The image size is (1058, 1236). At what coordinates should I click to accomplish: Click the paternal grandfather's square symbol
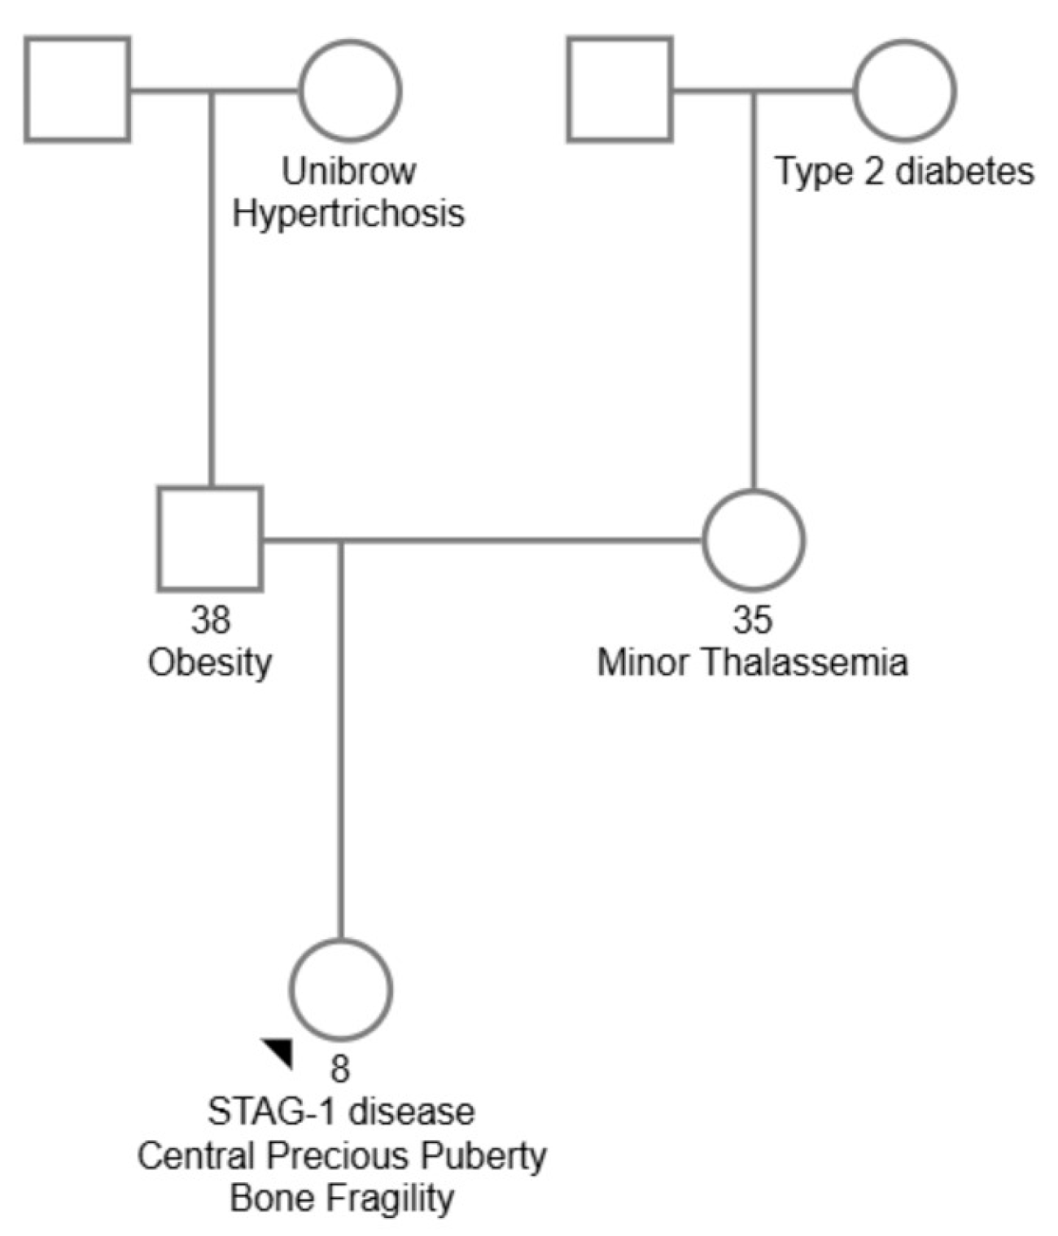coord(77,90)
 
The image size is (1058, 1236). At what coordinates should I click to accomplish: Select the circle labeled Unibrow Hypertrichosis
coord(350,90)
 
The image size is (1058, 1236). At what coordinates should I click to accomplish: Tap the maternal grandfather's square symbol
coord(620,90)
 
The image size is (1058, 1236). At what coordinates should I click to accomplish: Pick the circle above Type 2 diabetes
coord(905,90)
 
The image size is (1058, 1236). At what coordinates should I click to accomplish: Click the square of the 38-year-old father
coord(210,539)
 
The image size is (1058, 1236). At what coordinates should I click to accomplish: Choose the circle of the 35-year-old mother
coord(754,539)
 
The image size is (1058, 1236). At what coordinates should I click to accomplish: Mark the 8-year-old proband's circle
coord(341,989)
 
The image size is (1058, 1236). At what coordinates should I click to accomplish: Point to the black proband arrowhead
coord(279,1050)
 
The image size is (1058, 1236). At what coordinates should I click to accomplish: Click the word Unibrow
coord(348,172)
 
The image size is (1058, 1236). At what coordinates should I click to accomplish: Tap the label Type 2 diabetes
coord(904,172)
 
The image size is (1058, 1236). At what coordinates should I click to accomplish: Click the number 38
coord(211,620)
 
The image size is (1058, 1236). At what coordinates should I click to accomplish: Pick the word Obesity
coord(210,663)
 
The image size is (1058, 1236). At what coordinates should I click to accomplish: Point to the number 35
coord(753,620)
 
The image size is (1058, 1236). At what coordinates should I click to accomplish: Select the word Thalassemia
coord(805,663)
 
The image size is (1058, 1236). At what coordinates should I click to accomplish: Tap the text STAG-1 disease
coord(341,1112)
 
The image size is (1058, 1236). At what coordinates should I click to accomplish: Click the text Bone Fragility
coord(341,1199)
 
